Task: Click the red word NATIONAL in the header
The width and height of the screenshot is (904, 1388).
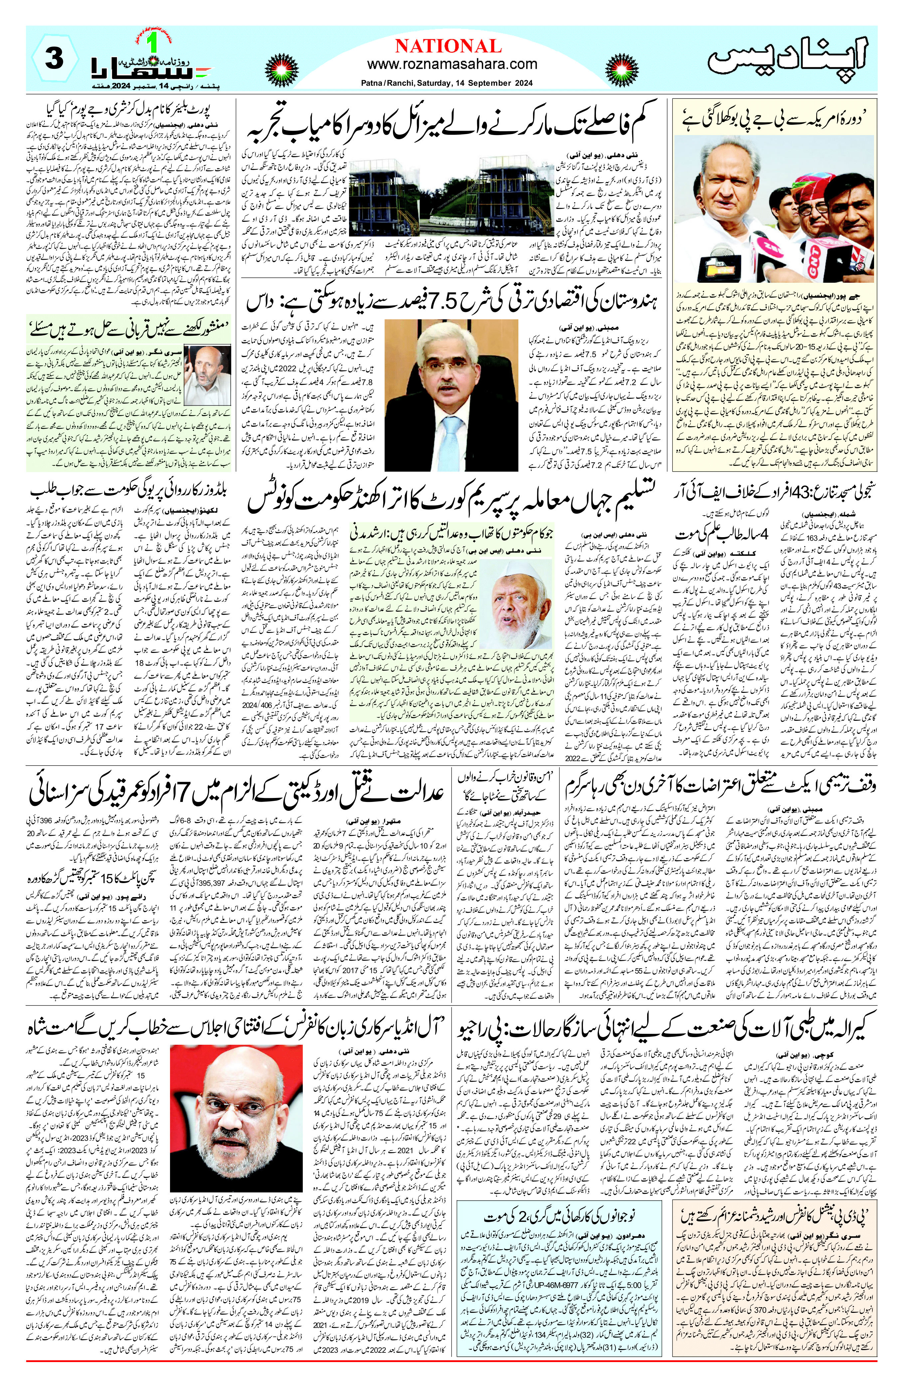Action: pos(448,46)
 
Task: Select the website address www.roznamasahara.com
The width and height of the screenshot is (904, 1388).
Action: pos(452,64)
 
